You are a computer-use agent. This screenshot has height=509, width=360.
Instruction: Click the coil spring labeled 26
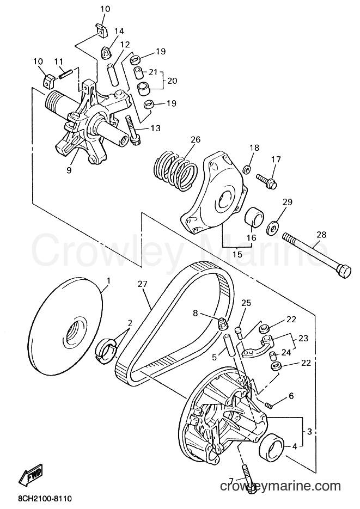[175, 170]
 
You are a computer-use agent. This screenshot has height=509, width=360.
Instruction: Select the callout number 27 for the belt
[142, 284]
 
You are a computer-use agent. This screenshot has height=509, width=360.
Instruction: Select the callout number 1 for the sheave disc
[109, 280]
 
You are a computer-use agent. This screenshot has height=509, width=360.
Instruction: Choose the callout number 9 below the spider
[69, 170]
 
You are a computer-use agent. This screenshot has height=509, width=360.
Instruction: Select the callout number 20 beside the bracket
[172, 80]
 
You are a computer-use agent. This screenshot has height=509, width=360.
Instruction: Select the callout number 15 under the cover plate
[237, 254]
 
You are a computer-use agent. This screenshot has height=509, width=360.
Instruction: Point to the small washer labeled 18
[246, 169]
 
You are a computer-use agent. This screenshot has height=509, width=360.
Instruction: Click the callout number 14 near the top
[119, 31]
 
